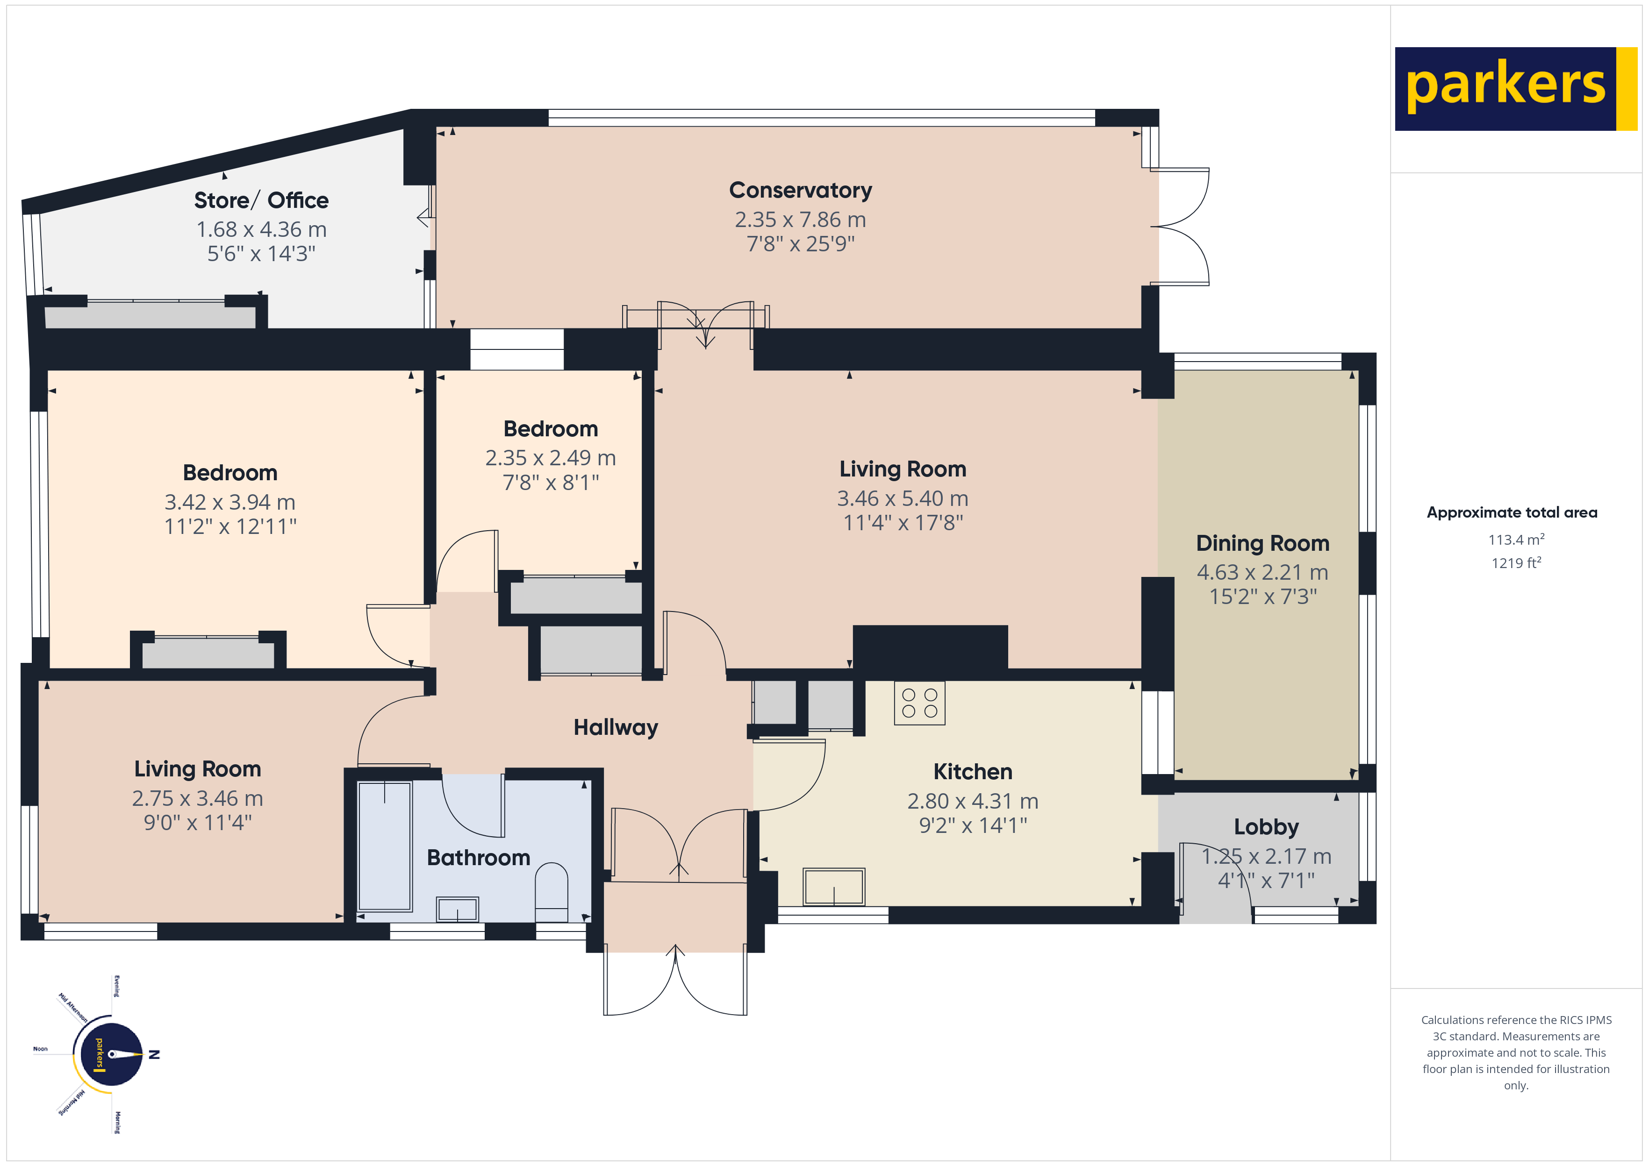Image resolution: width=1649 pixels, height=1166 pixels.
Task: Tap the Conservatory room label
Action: pyautogui.click(x=800, y=190)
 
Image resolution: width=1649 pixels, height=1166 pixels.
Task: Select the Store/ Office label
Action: pyautogui.click(x=261, y=200)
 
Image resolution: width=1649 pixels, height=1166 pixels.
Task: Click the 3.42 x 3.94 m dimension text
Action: pyautogui.click(x=230, y=502)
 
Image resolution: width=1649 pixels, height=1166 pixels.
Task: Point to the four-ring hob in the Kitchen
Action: pyautogui.click(x=919, y=703)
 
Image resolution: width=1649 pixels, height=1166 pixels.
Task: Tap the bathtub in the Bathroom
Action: pyautogui.click(x=385, y=846)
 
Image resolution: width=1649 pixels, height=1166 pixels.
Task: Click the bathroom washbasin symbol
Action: pyautogui.click(x=458, y=909)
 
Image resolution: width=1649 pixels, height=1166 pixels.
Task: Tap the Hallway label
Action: pyautogui.click(x=616, y=727)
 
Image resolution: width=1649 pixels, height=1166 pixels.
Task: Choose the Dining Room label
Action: pyautogui.click(x=1262, y=543)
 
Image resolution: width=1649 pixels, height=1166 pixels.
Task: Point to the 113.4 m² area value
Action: pyautogui.click(x=1515, y=539)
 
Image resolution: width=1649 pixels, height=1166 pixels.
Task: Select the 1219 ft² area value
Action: pyautogui.click(x=1515, y=563)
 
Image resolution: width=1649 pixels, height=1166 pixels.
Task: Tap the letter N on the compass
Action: pyautogui.click(x=154, y=1055)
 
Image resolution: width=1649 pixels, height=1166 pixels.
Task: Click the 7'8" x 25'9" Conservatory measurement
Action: pyautogui.click(x=800, y=244)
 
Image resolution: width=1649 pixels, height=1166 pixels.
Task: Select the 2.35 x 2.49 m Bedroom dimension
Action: pyautogui.click(x=550, y=458)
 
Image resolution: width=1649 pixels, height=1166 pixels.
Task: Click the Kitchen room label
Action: pyautogui.click(x=973, y=772)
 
